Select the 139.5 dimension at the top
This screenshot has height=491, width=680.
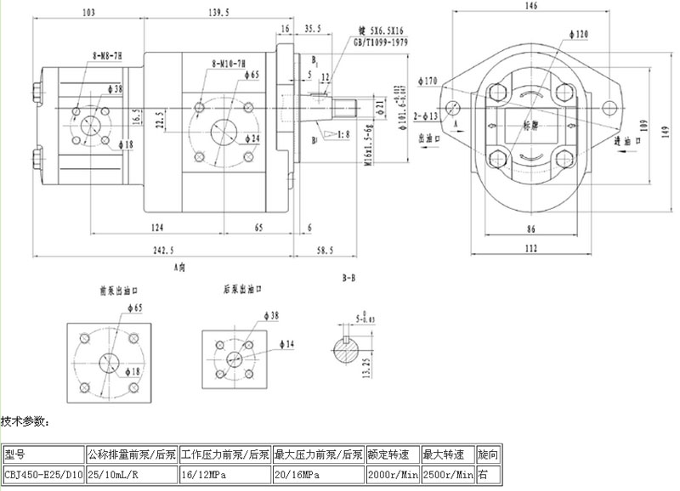coord(220,13)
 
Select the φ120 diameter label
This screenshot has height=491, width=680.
coord(581,35)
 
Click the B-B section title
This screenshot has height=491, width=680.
coord(348,278)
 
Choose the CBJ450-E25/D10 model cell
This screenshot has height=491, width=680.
coord(42,474)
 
